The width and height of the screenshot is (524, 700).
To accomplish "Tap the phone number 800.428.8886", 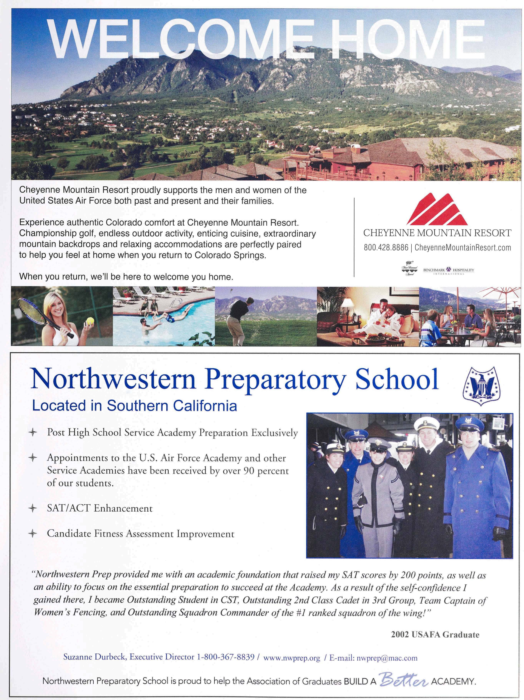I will (x=386, y=247).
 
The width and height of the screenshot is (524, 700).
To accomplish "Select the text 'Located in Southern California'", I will (x=134, y=405).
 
